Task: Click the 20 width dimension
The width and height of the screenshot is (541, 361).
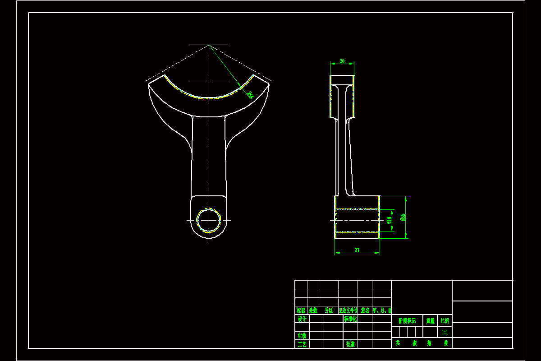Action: click(x=342, y=61)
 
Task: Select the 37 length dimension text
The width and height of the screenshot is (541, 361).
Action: click(x=357, y=250)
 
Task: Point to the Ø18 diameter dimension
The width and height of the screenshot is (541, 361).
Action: click(x=389, y=220)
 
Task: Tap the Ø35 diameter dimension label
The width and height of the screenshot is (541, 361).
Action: click(x=402, y=217)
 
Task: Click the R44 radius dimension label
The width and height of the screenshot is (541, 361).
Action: click(x=249, y=95)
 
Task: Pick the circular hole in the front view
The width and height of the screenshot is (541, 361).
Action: click(x=209, y=220)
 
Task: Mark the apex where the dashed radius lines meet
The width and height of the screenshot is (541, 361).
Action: click(x=208, y=45)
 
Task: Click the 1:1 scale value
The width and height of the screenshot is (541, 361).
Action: click(x=445, y=332)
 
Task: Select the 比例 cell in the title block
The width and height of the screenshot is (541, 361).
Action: click(x=445, y=321)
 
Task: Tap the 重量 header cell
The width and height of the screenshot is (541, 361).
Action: click(x=431, y=321)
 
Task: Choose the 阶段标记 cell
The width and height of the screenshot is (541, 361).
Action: click(x=407, y=321)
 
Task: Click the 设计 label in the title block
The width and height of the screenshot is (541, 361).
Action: click(x=302, y=319)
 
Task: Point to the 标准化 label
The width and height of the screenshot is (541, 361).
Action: click(x=350, y=319)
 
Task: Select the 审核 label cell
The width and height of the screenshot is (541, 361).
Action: click(x=302, y=336)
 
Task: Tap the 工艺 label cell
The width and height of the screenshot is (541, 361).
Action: click(x=302, y=344)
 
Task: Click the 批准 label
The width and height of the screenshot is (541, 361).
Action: click(x=350, y=344)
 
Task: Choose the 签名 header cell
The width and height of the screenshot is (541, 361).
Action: click(x=365, y=310)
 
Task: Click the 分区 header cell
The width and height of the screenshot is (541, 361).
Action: click(x=328, y=310)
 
